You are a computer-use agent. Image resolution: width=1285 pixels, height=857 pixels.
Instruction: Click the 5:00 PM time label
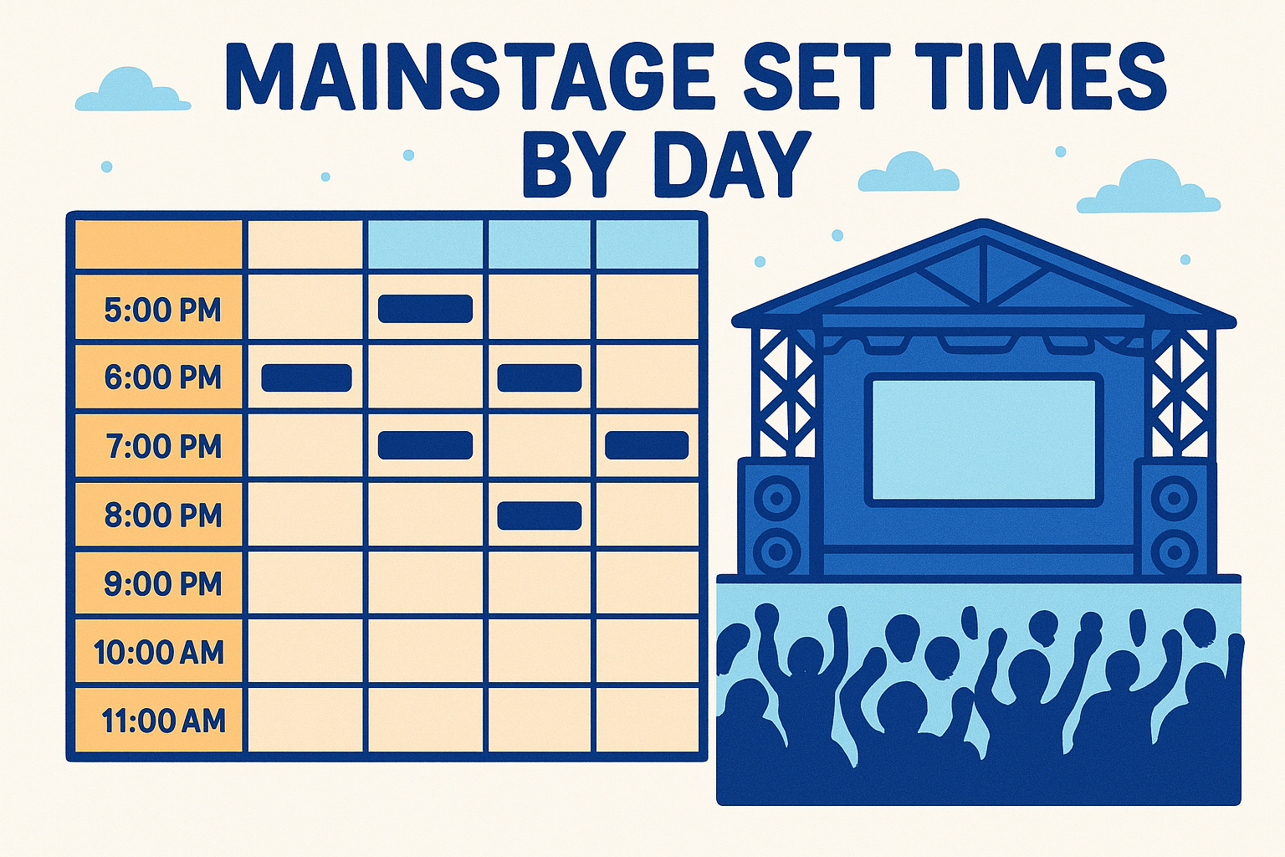162,310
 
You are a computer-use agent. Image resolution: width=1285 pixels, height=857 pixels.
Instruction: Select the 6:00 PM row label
162,377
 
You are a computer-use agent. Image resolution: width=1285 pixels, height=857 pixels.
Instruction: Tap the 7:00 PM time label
163,446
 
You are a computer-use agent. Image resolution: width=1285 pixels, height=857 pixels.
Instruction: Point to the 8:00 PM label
162,515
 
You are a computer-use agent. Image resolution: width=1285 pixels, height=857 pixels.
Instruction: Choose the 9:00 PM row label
162,583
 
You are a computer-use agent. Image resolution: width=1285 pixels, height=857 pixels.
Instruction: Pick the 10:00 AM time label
159,652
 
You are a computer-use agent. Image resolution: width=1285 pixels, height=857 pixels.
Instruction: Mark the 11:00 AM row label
163,721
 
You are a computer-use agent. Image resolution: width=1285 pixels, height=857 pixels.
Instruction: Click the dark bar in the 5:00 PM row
425,309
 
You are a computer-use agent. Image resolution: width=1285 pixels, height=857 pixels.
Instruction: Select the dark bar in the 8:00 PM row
539,516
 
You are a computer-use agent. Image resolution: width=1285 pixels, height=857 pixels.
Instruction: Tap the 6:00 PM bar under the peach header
306,378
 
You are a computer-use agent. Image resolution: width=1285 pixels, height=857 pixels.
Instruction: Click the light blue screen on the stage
984,439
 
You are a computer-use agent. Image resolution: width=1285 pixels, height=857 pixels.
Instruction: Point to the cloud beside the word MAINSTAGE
132,91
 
